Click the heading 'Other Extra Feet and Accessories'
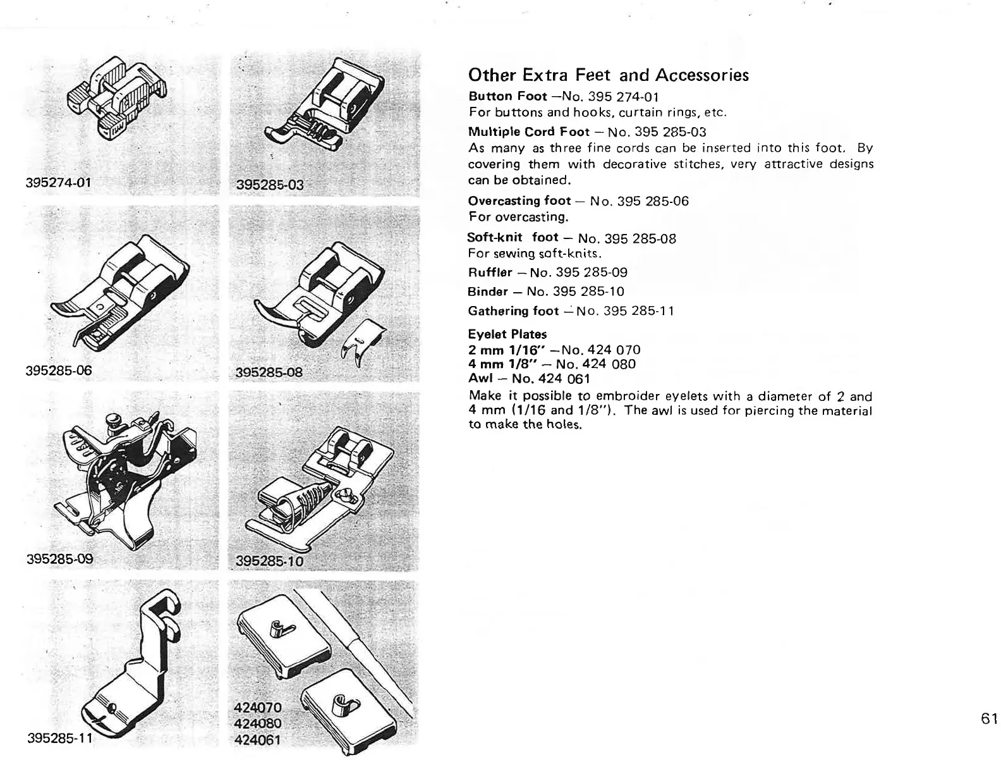tap(608, 75)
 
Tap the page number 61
tap(990, 719)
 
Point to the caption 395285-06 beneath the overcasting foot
tap(59, 370)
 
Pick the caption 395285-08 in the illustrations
tap(269, 372)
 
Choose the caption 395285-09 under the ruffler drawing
tap(60, 559)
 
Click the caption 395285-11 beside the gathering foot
tap(61, 738)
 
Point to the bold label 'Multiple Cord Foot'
tap(520, 132)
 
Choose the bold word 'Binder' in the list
tap(488, 292)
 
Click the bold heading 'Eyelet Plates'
tap(507, 334)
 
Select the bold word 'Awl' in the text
tap(478, 379)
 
